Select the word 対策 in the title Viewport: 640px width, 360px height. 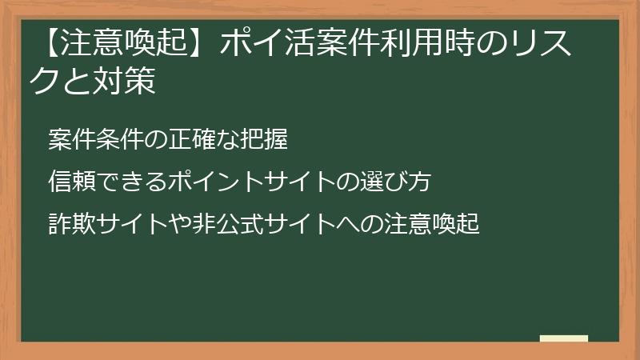tap(128, 82)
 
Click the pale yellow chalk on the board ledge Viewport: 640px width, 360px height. tap(563, 338)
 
